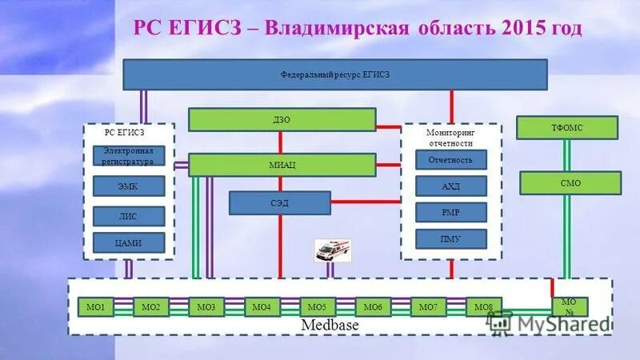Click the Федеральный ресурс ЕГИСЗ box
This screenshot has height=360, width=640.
[334, 74]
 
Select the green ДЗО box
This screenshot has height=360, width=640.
[282, 120]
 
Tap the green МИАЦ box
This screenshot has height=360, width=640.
[282, 165]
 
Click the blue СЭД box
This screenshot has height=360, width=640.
[279, 203]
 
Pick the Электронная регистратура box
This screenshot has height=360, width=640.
[129, 155]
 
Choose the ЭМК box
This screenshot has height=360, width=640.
[129, 186]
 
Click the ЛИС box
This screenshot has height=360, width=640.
[129, 216]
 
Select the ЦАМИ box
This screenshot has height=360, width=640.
[129, 243]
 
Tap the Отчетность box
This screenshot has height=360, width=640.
[451, 160]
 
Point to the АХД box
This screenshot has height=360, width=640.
[451, 186]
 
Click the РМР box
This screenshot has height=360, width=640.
[451, 212]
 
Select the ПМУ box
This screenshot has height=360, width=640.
[451, 238]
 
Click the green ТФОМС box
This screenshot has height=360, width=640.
[567, 128]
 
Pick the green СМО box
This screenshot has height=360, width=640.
[570, 183]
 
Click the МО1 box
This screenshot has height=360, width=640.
[96, 307]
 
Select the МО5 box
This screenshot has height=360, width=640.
[318, 307]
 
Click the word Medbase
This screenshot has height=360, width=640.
[330, 326]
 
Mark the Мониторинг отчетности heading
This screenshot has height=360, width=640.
[450, 138]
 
